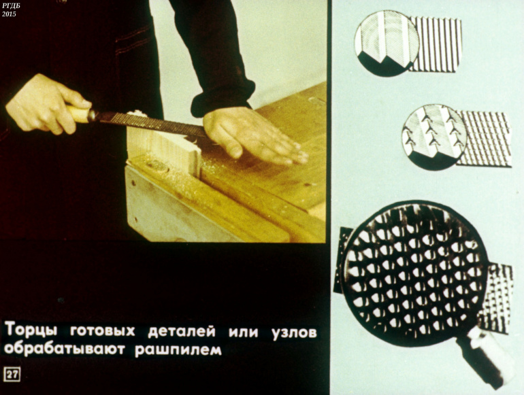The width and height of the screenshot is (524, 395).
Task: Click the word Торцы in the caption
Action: (x=31, y=330)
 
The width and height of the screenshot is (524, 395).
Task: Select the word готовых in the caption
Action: (x=103, y=331)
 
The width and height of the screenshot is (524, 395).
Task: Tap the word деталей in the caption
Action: (x=182, y=332)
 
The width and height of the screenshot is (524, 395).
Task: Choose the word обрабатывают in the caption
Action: (x=64, y=349)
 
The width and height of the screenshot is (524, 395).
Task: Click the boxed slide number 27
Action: (x=12, y=375)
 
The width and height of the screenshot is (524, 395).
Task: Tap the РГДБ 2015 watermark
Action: (x=10, y=10)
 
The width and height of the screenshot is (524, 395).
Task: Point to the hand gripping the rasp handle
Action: (x=46, y=104)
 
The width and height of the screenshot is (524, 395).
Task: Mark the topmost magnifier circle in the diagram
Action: (x=387, y=43)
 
